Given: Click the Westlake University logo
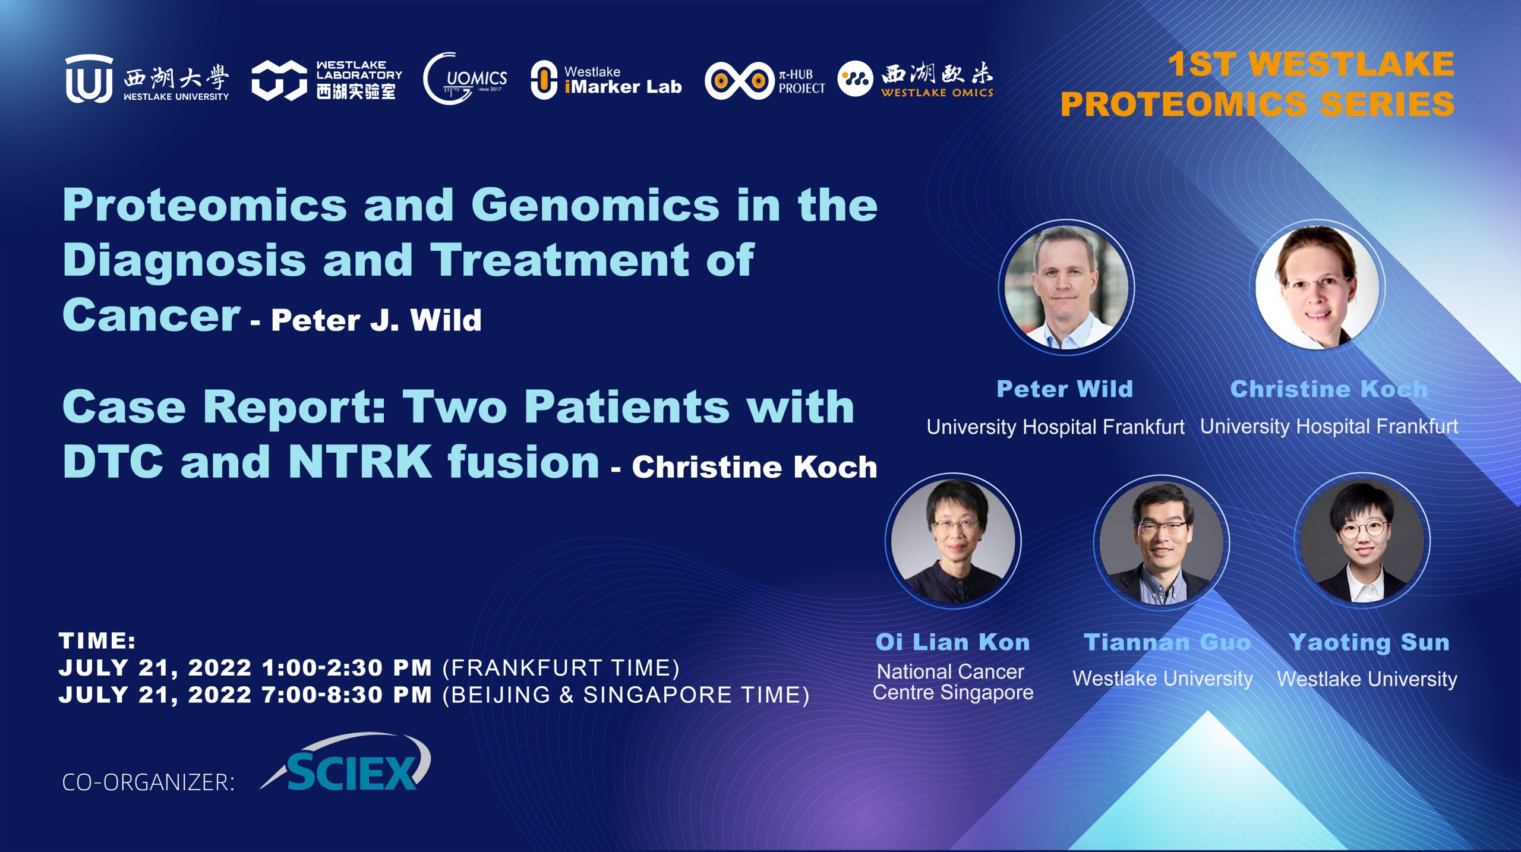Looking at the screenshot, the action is [x=147, y=79].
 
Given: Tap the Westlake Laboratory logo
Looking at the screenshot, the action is [x=327, y=80].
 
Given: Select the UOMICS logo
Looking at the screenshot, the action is [x=465, y=79].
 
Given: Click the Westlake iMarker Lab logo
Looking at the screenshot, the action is [x=606, y=80].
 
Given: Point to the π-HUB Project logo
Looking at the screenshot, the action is [x=765, y=80].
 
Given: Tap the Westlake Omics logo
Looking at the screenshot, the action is [x=916, y=79].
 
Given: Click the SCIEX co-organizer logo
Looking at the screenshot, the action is [x=346, y=763].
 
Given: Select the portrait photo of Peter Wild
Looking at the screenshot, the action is [x=1066, y=288].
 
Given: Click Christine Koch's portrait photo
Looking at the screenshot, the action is [x=1317, y=287].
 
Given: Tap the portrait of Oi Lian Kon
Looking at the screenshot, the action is [x=953, y=541].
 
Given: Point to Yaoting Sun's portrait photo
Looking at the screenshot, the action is [x=1362, y=541].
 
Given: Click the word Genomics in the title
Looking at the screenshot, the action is [x=595, y=205].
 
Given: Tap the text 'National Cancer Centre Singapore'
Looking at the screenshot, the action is [x=953, y=682].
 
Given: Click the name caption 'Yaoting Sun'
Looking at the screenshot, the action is [x=1369, y=642].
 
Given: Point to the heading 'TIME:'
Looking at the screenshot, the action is [x=97, y=641].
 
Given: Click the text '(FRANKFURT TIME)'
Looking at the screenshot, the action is [x=561, y=668].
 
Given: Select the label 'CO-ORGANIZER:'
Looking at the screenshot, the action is [x=148, y=782].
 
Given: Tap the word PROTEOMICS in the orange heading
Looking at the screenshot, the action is [x=1184, y=104].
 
